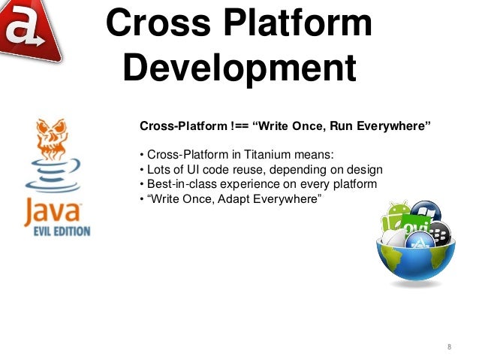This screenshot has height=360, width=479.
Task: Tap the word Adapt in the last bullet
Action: [239, 200]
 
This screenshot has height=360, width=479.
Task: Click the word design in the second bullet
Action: [366, 170]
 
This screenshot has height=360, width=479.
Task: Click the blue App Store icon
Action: [417, 241]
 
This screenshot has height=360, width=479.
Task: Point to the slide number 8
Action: [448, 346]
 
